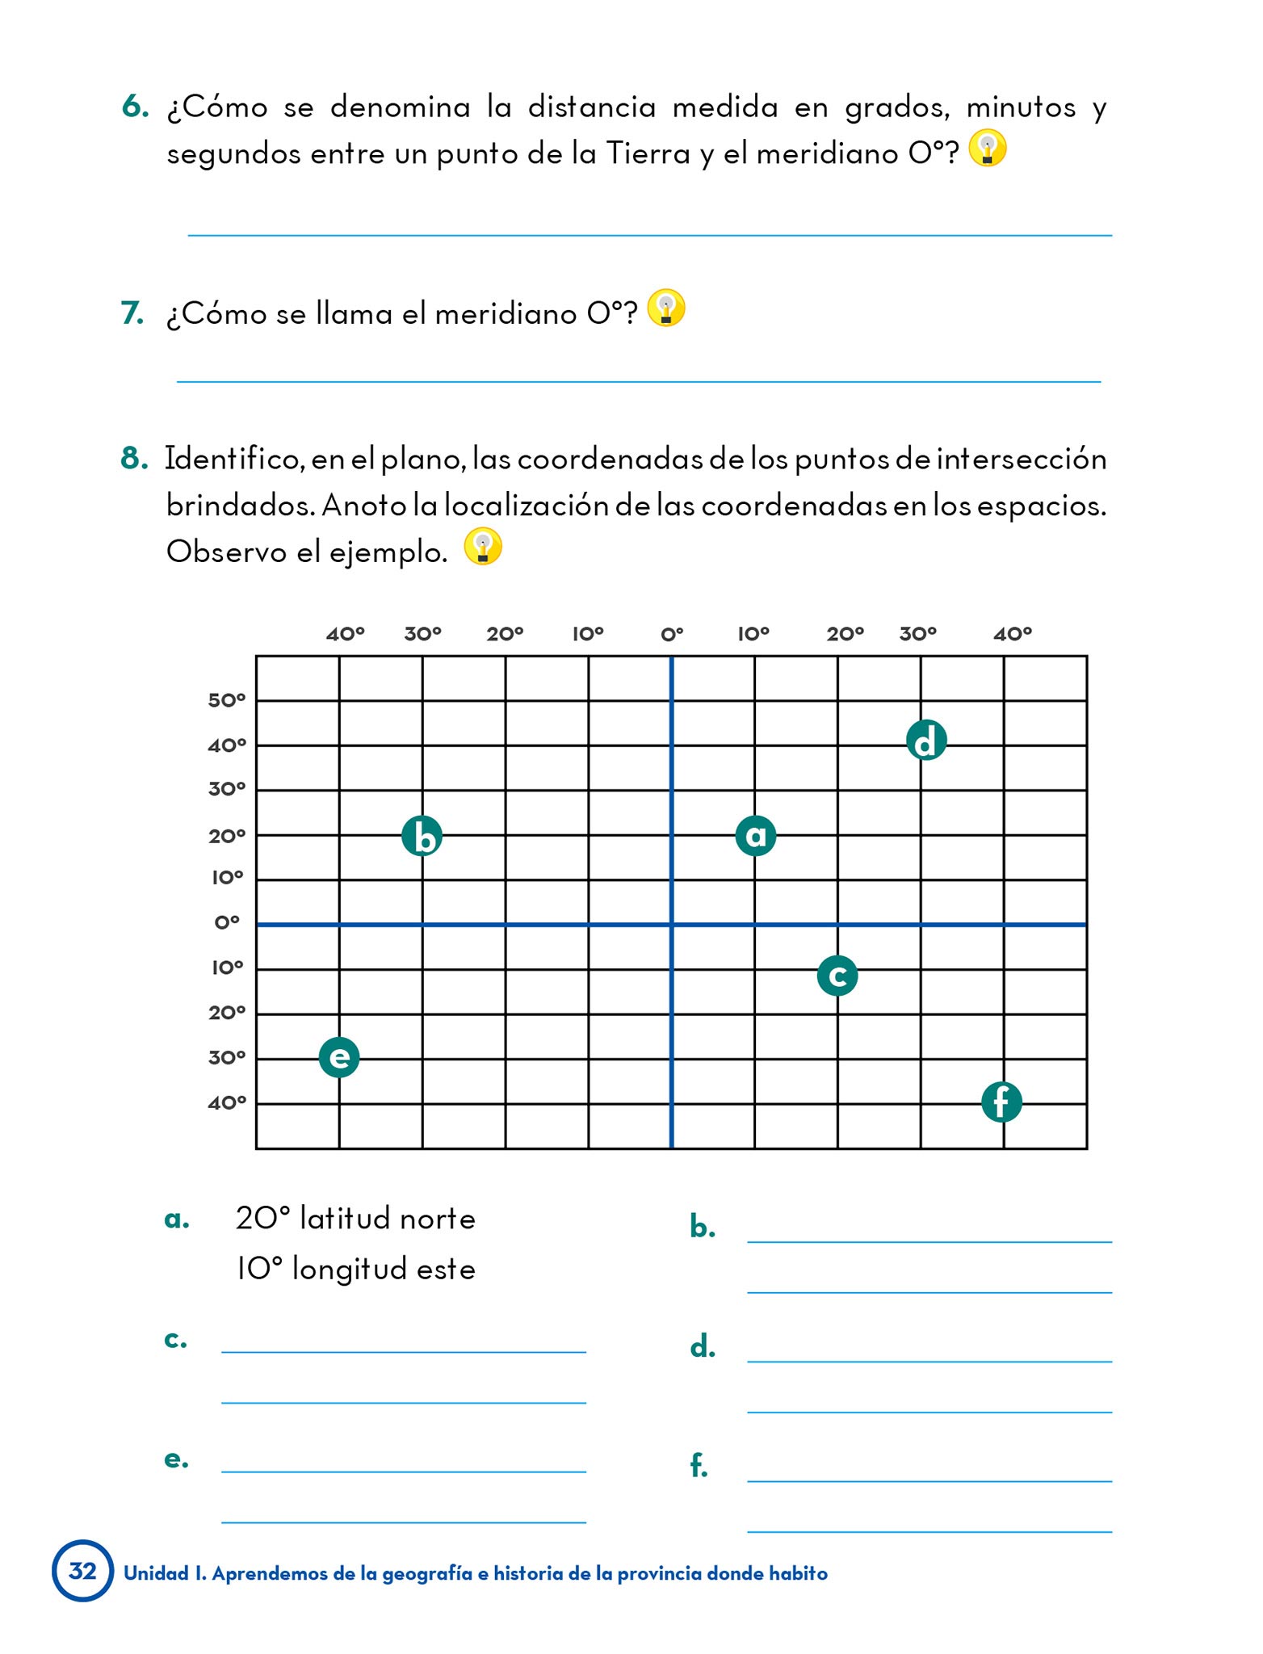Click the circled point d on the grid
tap(925, 741)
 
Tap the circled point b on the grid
tap(422, 836)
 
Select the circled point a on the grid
tap(755, 835)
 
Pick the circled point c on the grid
tap(837, 976)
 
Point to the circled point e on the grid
tap(339, 1057)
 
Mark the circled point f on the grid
tap(1001, 1102)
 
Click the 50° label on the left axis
tap(226, 700)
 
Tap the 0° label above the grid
tap(672, 634)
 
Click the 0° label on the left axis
tap(227, 922)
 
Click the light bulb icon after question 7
tap(666, 308)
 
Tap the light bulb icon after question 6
tap(987, 148)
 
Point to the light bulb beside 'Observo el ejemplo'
tap(483, 547)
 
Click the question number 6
tap(135, 107)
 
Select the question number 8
tap(134, 458)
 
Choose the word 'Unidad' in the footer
tap(155, 1573)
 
